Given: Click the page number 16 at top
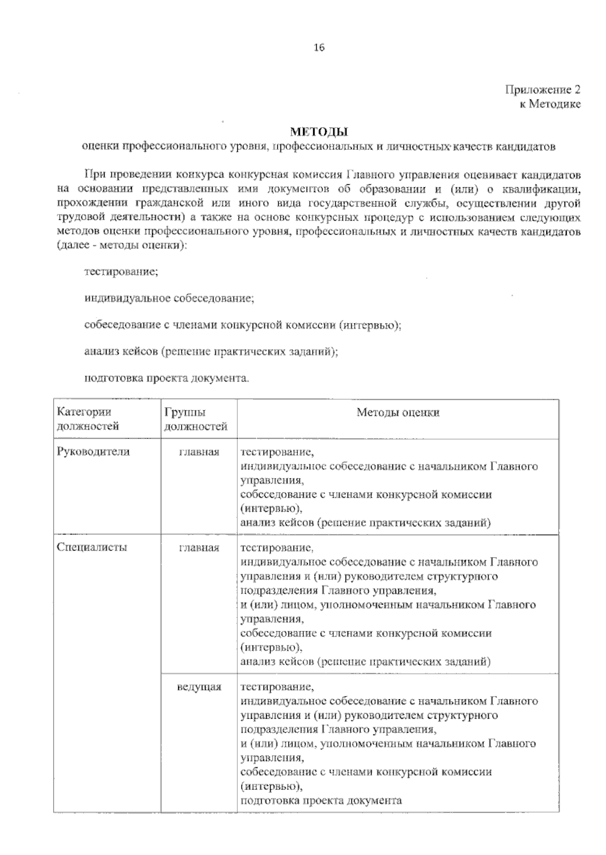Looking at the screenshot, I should coord(319,48).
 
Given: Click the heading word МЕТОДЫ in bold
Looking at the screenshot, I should coord(319,133).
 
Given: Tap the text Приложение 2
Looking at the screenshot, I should coord(542,90).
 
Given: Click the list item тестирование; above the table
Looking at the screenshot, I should coord(121,271).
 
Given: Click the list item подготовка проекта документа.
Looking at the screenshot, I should coord(167,378).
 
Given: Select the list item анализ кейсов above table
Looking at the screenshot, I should coord(211,351).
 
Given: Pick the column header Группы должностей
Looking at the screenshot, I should coord(195,419).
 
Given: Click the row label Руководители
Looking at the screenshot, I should coord(93,452).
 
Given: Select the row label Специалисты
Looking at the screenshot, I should coord(92,547).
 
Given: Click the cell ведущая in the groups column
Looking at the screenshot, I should coord(199,687).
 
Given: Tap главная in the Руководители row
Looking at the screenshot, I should coord(199,452).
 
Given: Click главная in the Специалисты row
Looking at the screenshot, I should coord(199,548).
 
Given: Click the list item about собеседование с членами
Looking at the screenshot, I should coord(243,325).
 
